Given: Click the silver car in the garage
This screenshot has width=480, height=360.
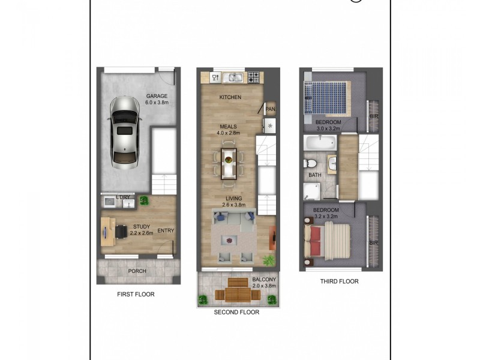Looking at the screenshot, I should (125, 131).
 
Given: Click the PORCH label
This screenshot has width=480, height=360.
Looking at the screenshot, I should (137, 271).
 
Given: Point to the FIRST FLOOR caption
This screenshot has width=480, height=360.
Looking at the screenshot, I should (136, 295).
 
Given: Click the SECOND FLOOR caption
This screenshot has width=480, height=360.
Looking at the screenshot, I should (236, 313).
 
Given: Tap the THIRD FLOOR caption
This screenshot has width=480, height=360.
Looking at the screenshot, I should (340, 281).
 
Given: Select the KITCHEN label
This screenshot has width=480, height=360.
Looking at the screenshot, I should (230, 97).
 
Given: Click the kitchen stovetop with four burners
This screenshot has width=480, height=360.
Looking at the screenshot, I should (254, 77).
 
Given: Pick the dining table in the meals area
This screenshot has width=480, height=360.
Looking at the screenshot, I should (229, 163).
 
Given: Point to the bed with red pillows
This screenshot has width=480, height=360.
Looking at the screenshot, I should (328, 240).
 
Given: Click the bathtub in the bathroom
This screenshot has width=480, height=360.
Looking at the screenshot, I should (320, 143).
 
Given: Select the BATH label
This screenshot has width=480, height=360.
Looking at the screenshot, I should (315, 175).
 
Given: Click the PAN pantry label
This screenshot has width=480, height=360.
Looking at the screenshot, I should (270, 109).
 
